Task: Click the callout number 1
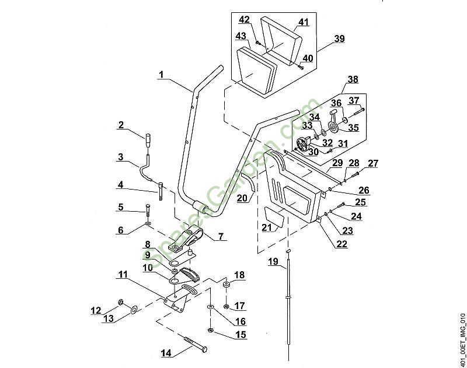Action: pos(161,75)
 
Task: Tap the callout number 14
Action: pos(167,353)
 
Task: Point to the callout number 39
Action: pos(339,39)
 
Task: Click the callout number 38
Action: pos(353,79)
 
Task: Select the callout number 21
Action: pos(268,227)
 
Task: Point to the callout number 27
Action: pos(373,163)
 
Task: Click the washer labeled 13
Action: pos(134,309)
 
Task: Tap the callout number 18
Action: pos(239,275)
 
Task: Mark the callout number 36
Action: pos(335,103)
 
